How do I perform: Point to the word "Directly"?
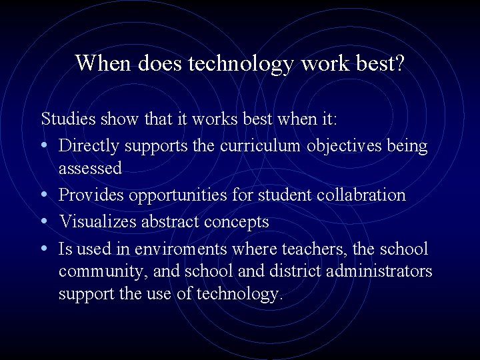coord(89,145)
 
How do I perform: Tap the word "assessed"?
coord(90,169)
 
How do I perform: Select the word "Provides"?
coord(90,195)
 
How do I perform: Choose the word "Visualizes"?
coord(97,221)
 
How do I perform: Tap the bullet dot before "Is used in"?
coord(45,249)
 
